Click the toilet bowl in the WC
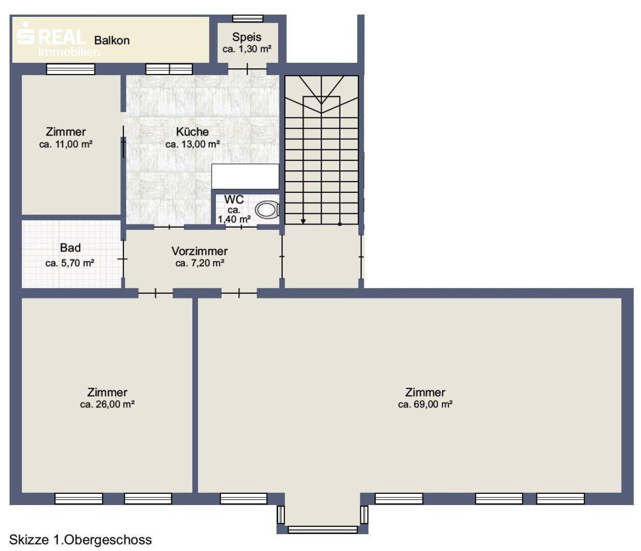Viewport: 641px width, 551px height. click(x=267, y=210)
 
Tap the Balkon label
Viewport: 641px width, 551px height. click(x=112, y=41)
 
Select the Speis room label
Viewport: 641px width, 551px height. click(x=247, y=37)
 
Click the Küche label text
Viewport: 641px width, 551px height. click(x=192, y=132)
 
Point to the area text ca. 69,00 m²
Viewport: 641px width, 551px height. click(x=425, y=405)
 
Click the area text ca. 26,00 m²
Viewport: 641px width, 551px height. click(x=107, y=405)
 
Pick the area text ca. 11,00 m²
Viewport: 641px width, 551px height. click(x=66, y=144)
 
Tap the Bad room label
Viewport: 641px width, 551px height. click(x=70, y=248)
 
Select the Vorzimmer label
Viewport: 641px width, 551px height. click(x=200, y=251)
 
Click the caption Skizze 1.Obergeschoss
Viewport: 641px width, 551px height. click(x=81, y=540)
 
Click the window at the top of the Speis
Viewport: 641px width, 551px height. click(x=248, y=18)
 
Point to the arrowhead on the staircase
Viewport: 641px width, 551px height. click(x=303, y=221)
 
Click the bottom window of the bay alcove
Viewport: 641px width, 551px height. click(x=323, y=529)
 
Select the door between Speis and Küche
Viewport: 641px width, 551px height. click(x=247, y=69)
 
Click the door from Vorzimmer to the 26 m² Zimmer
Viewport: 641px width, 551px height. click(x=155, y=293)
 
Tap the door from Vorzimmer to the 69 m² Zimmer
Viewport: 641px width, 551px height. click(x=239, y=293)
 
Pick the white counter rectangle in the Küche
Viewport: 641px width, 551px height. click(x=245, y=177)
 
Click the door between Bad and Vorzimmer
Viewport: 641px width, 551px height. click(x=124, y=259)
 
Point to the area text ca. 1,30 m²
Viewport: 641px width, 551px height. click(x=247, y=49)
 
